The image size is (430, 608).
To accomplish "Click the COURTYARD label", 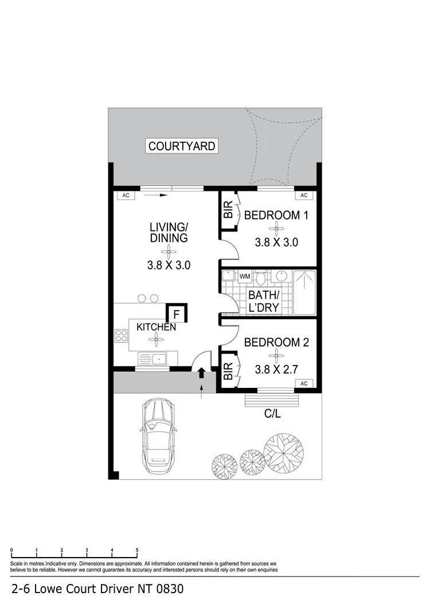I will point(182,146).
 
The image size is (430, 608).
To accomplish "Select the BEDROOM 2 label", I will point(276,343).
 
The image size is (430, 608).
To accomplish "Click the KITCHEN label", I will point(156,327).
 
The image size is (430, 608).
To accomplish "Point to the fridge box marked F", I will point(176,314).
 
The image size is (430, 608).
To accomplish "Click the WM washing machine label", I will point(245,277).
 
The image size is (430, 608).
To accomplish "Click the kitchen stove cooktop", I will point(122,335).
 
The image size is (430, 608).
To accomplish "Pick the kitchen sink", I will point(152,359).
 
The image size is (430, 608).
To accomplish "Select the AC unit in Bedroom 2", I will point(304,383).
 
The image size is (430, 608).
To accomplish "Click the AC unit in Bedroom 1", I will point(304,195).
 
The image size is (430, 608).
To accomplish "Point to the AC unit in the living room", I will point(126,195).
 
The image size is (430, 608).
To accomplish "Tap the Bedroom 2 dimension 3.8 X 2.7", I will point(276,369).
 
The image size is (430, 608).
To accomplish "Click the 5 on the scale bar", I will point(137,550).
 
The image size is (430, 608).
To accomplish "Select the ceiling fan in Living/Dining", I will point(169,249).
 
